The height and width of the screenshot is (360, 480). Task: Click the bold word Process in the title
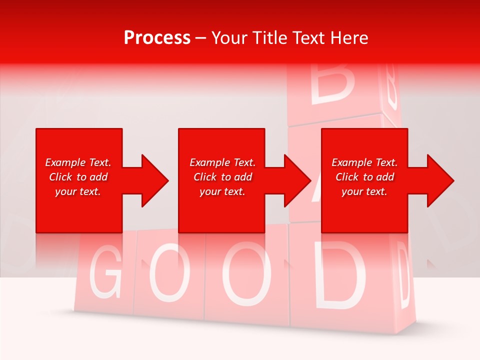coord(157,38)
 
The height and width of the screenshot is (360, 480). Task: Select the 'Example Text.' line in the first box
coord(78,162)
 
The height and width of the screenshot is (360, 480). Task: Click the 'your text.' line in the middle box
coord(222,191)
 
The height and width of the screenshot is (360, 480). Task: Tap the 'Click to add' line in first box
coord(78,177)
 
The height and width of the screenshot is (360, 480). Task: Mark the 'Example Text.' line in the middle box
coord(222,162)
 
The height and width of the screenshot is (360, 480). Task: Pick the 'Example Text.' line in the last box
coord(364,162)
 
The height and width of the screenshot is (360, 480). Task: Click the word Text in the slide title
coord(307,38)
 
